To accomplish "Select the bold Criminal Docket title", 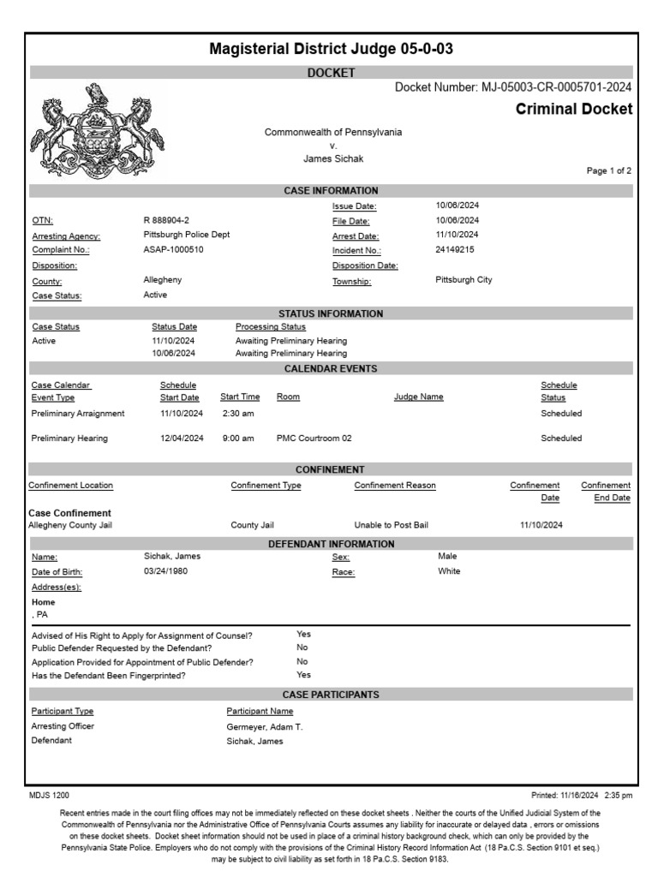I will [x=573, y=110].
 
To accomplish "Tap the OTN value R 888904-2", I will [x=166, y=220].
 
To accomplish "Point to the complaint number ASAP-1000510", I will [x=174, y=250].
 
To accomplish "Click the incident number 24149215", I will [x=455, y=250].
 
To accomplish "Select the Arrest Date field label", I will [x=355, y=236].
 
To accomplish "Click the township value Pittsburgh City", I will [x=464, y=280].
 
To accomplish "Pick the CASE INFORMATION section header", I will [x=331, y=191].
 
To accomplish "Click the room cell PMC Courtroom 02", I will [x=314, y=438].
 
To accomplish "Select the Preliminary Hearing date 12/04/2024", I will [x=182, y=438].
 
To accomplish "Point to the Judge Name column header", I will [x=418, y=397].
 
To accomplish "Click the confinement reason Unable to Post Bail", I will [x=391, y=525].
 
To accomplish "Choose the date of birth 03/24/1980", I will [x=165, y=571].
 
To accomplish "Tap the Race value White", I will [x=449, y=571].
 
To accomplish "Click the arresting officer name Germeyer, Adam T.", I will [x=265, y=727].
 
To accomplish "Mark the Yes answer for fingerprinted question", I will [x=303, y=675].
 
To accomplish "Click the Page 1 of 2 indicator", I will [x=608, y=171].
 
